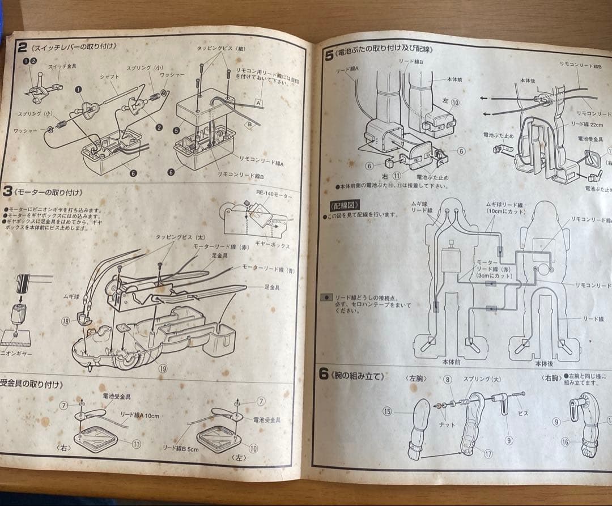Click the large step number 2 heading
(x=22, y=46)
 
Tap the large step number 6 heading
(x=324, y=374)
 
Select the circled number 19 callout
(x=163, y=368)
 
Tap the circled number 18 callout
(x=66, y=321)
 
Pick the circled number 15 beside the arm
(x=387, y=411)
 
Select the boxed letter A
(x=258, y=104)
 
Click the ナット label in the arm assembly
(x=447, y=424)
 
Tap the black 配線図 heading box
(x=343, y=205)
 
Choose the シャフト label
(x=108, y=76)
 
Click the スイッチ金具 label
(x=62, y=66)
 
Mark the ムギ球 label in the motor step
(x=71, y=296)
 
